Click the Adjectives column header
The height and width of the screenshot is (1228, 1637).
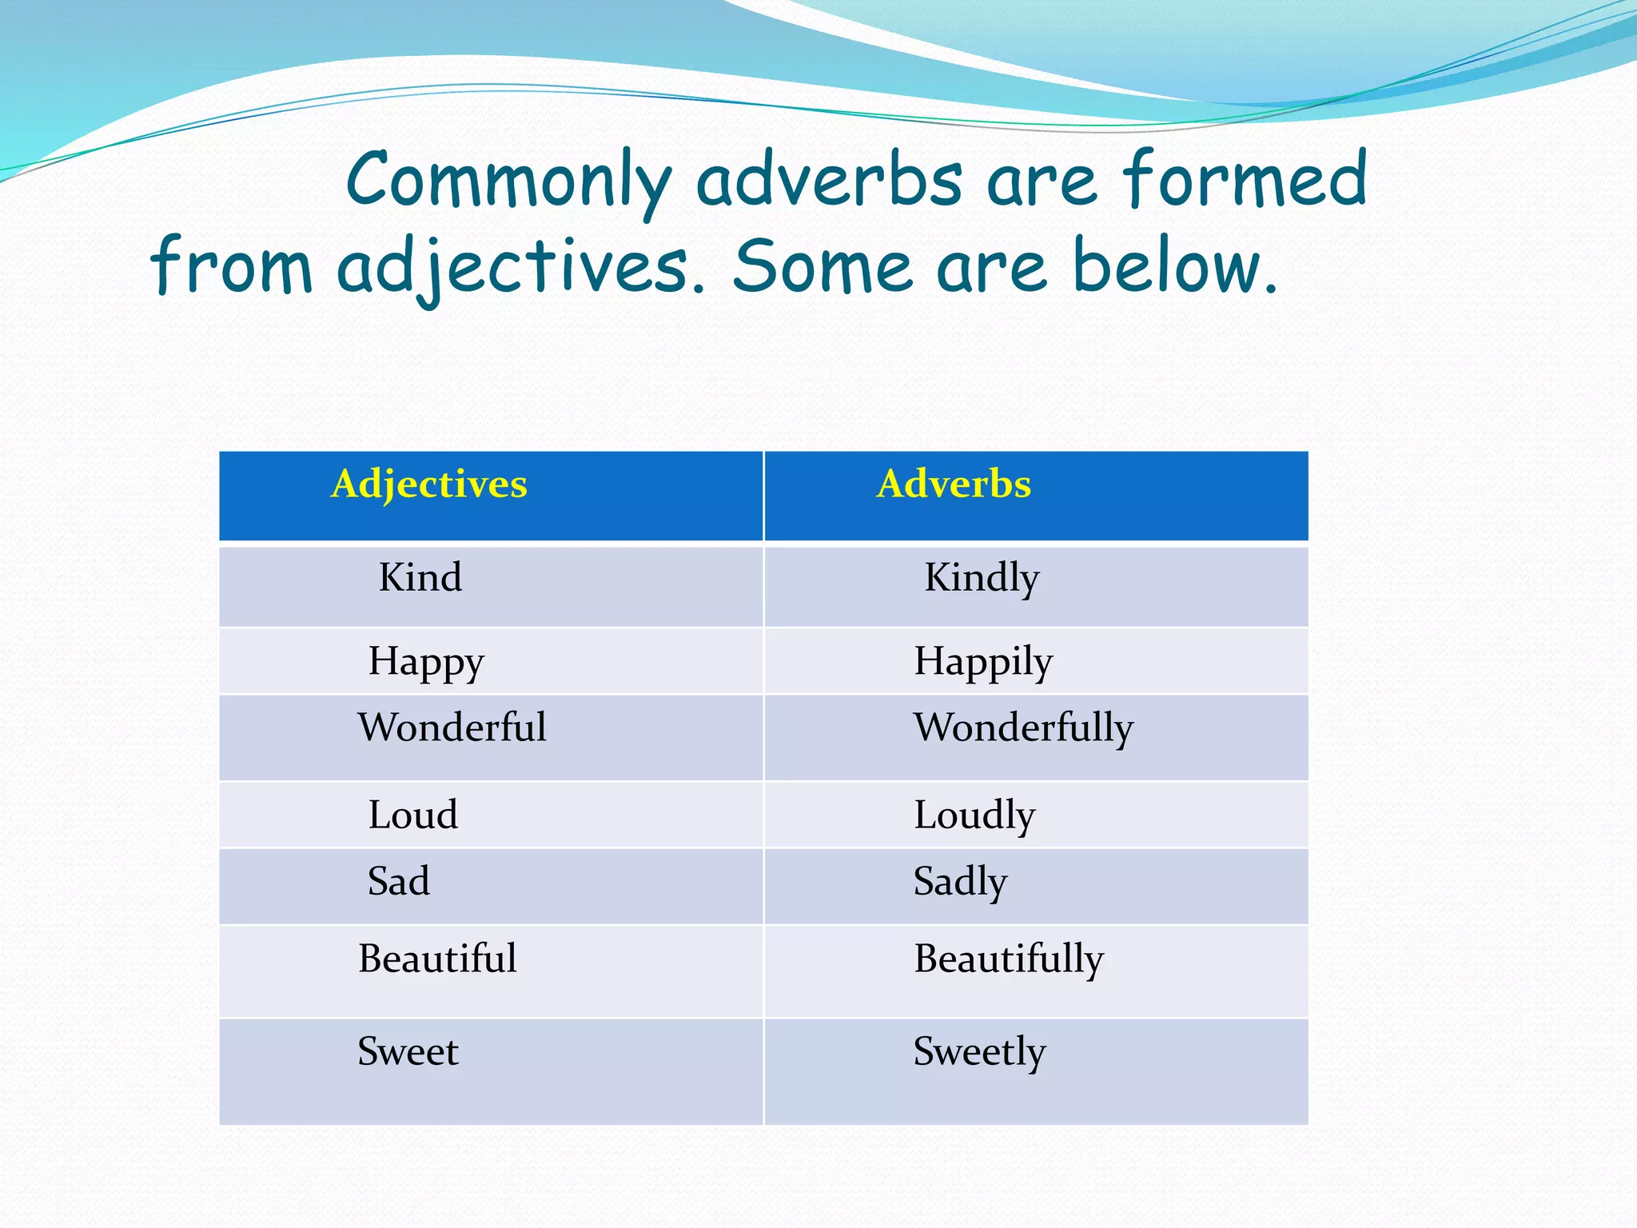pos(429,484)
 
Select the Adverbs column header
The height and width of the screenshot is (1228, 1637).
pos(954,484)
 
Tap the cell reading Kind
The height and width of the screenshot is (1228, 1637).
pos(420,578)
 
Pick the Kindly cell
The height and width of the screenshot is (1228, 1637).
pos(982,578)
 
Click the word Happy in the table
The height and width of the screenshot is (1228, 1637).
pos(426,662)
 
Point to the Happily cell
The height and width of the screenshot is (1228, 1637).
pos(983,662)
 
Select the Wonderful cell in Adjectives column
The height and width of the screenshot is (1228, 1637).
pos(452,728)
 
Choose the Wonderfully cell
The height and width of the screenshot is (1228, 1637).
pos(1023,728)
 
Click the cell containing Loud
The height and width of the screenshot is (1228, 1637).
pos(413,815)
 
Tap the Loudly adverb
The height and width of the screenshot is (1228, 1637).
pos(974,815)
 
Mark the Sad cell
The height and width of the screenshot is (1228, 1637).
pos(399,882)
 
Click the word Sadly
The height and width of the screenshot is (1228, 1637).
pos(960,882)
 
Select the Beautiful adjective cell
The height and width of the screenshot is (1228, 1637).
pos(437,959)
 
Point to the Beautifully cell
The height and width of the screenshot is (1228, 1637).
pos(1009,959)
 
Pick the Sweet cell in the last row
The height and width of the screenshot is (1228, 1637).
pos(408,1052)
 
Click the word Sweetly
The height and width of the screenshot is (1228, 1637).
pos(979,1052)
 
